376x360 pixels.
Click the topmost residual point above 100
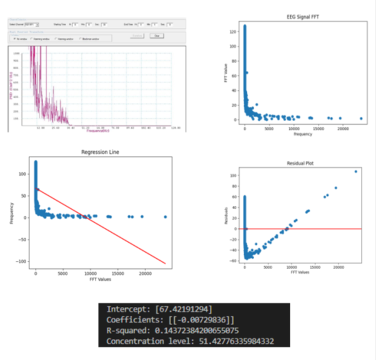click(356, 172)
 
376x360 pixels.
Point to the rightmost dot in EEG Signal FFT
click(361, 119)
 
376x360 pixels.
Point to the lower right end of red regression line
click(166, 263)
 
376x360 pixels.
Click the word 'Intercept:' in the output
click(127, 309)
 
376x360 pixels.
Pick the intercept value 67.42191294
click(182, 309)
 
